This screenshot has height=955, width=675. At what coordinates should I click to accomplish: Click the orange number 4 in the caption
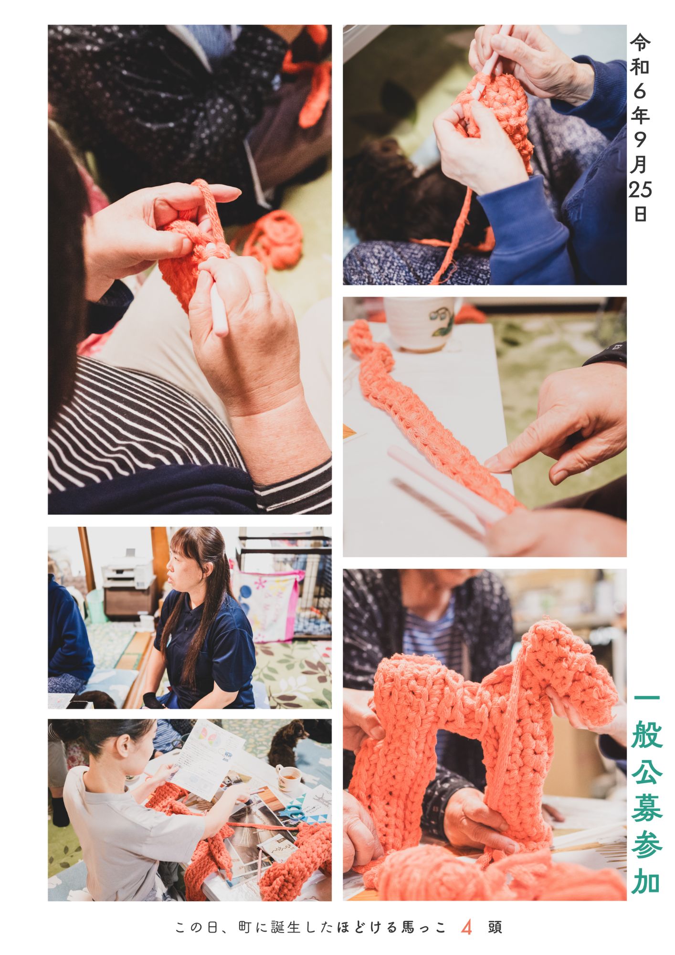(x=466, y=928)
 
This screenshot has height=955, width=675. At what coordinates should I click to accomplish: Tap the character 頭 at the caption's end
(x=495, y=927)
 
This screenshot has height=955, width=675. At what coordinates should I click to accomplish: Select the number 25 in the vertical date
(x=640, y=190)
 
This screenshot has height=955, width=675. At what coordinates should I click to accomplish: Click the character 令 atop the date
(x=640, y=42)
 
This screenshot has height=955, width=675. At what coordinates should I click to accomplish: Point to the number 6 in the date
(x=640, y=92)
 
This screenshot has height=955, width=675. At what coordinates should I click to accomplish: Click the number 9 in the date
(x=640, y=140)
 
